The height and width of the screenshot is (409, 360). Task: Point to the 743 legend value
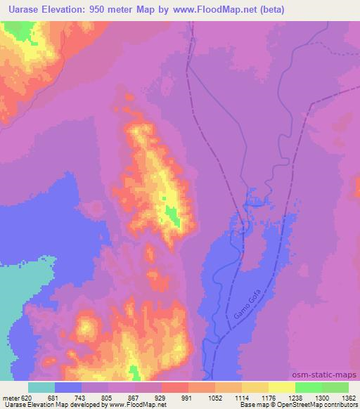coord(82,396)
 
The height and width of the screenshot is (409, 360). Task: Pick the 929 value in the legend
coord(161,396)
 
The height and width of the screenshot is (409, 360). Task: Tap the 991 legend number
coord(188,396)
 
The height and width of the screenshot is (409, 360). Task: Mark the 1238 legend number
coord(294,396)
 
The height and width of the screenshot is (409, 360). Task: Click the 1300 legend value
coord(321,396)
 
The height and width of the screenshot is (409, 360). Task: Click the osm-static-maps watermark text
coord(325,375)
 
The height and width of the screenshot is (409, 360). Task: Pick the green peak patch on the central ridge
coord(172,217)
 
